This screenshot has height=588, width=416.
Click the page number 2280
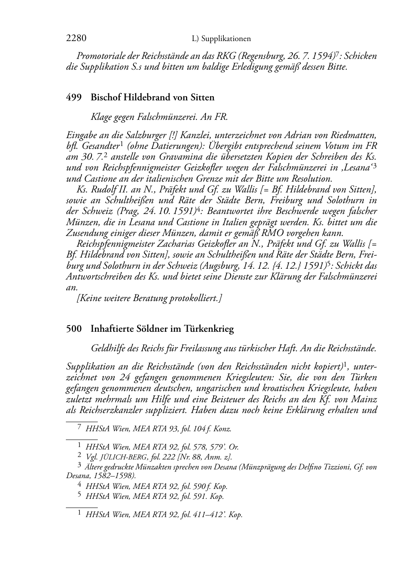pyautogui.click(x=76, y=39)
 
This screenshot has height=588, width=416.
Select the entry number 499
pyautogui.click(x=73, y=98)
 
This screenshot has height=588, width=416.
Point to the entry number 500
pyautogui.click(x=73, y=329)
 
